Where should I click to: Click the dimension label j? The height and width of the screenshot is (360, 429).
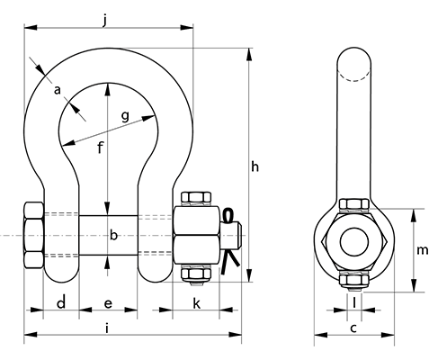pos(107,17)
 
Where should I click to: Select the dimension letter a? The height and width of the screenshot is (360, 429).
pos(58,90)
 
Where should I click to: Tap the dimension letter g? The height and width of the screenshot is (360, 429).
pos(125,115)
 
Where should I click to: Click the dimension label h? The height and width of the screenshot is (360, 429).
pos(255,166)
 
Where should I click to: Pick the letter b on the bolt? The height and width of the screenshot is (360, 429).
pos(113,236)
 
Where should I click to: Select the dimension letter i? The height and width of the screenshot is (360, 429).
pos(108,329)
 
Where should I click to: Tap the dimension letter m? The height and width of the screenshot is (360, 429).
pos(423,249)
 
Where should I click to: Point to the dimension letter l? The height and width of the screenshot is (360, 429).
pos(355,301)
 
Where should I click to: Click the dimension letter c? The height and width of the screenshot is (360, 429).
pos(354,329)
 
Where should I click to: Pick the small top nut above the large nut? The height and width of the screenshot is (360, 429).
pos(198,198)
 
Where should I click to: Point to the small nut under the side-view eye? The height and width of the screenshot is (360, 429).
pos(355,280)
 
